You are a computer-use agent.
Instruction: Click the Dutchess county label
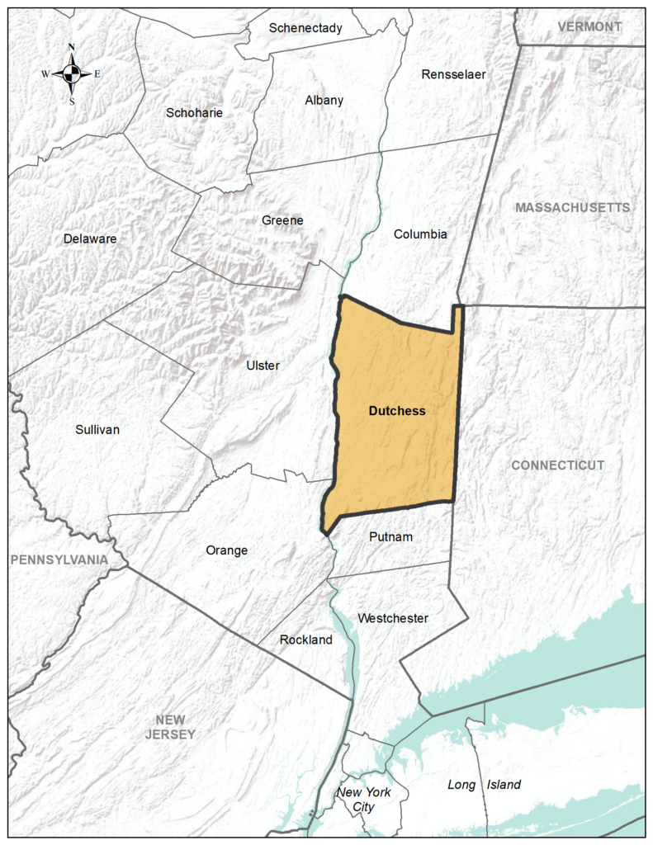coord(396,410)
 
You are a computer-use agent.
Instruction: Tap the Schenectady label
coord(305,28)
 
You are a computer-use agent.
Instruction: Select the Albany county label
coord(324,101)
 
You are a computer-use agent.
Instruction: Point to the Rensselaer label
coord(453,74)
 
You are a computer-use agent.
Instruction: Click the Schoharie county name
coord(194,113)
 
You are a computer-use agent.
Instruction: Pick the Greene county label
coord(282,220)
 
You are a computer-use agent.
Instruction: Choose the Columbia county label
coord(420,234)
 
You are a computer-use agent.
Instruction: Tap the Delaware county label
coord(90,239)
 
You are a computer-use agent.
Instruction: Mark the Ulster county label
coord(263,366)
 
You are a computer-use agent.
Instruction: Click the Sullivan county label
coord(97,429)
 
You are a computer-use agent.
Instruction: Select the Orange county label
coord(226,550)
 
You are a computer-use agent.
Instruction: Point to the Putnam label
coord(390,537)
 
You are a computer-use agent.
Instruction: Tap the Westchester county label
coord(393,618)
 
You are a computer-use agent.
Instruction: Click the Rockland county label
coord(305,640)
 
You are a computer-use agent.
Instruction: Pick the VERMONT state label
coord(589,26)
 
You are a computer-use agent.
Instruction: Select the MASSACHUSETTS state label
coord(572,207)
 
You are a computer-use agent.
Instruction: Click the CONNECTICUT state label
coord(557,465)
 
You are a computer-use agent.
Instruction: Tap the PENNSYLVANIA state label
coord(59,559)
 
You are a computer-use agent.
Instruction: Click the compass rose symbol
coord(72,73)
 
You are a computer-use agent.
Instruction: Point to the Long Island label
coord(484,785)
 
